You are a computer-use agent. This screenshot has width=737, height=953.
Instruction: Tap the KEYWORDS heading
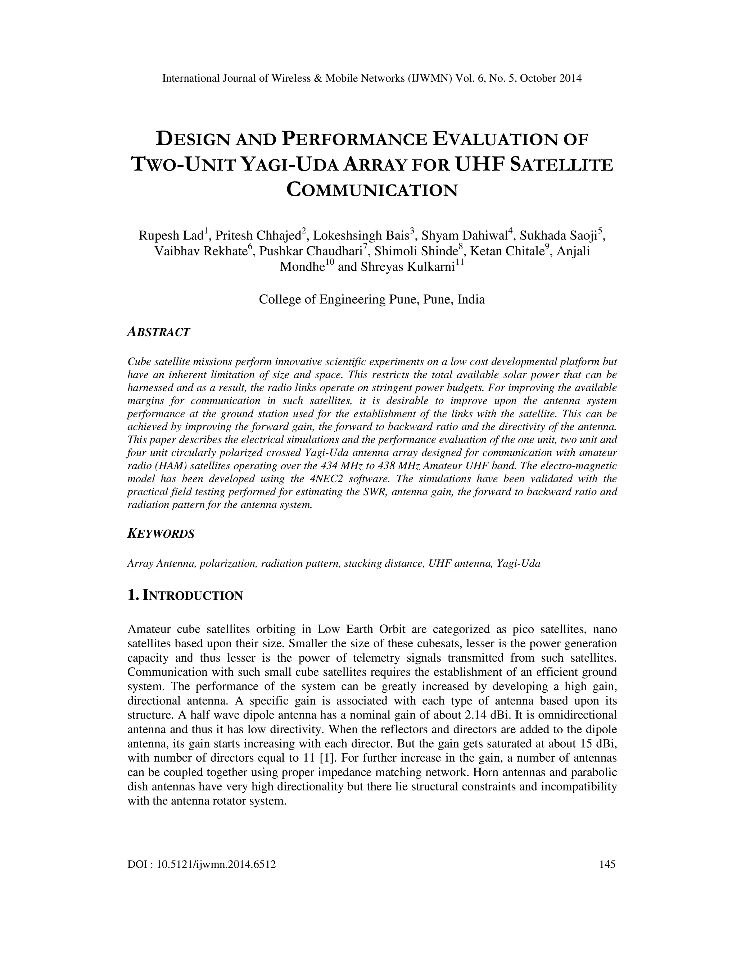pyautogui.click(x=160, y=534)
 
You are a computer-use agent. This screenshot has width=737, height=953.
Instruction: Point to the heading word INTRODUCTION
pyautogui.click(x=193, y=596)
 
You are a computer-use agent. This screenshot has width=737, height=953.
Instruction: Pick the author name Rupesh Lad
pyautogui.click(x=171, y=236)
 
